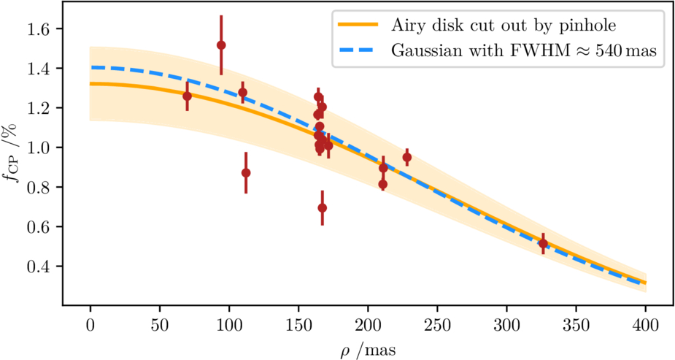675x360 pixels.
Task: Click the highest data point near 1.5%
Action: click(221, 45)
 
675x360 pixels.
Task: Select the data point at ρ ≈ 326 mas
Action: click(543, 243)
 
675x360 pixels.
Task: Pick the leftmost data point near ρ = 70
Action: click(188, 96)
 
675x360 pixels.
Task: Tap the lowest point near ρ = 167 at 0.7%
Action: click(322, 207)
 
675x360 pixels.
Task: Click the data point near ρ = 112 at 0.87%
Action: click(246, 172)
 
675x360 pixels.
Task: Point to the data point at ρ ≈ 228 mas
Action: click(406, 157)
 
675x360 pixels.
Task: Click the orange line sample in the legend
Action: click(358, 26)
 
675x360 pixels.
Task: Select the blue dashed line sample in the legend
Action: click(358, 51)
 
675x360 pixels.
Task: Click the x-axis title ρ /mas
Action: click(368, 348)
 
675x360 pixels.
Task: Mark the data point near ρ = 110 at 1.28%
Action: click(242, 93)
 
